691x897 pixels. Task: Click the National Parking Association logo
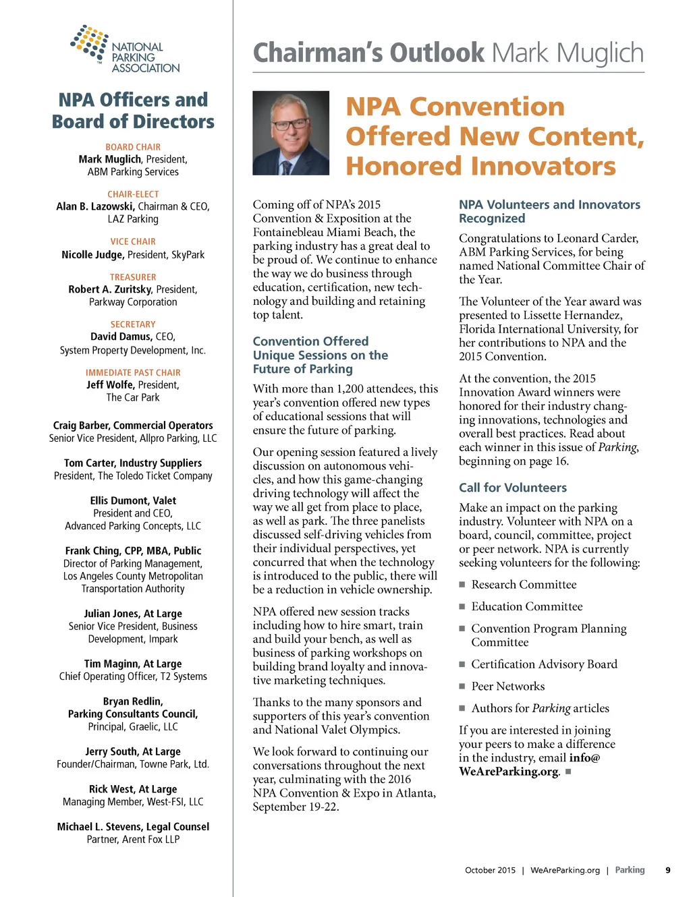[x=125, y=49]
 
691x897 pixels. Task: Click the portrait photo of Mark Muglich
[x=291, y=133]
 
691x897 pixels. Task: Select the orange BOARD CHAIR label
[x=133, y=147]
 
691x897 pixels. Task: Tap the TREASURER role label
[x=133, y=277]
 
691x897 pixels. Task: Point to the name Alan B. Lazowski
[x=96, y=206]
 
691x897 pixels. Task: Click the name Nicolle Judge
[x=92, y=255]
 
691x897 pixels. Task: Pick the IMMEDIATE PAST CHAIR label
[x=133, y=372]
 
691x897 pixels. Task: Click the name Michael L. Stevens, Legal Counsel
[x=133, y=827]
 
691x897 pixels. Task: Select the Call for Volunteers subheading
[x=513, y=488]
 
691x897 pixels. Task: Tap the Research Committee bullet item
[x=524, y=585]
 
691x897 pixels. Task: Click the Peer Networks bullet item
[x=507, y=687]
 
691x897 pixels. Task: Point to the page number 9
[x=668, y=870]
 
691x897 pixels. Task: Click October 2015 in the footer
[x=490, y=870]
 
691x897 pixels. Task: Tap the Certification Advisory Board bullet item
[x=544, y=664]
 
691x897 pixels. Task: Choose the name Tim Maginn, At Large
[x=133, y=664]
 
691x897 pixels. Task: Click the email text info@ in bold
[x=584, y=758]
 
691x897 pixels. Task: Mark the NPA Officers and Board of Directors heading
[x=133, y=111]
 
